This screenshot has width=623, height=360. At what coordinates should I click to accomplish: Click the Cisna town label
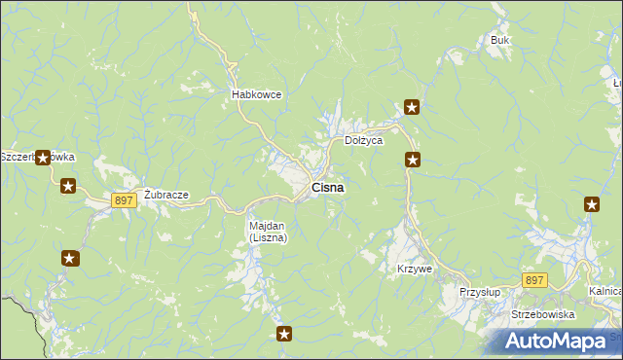(x=326, y=188)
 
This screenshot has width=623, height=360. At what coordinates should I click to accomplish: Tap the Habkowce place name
(x=256, y=94)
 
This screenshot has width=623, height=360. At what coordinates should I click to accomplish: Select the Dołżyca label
(x=364, y=140)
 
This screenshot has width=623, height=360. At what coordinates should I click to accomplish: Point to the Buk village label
(x=500, y=40)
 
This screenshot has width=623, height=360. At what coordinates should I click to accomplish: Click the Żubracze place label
(x=165, y=195)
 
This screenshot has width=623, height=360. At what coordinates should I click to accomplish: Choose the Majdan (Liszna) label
(x=267, y=232)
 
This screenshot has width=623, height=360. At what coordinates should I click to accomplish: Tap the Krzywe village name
(x=414, y=268)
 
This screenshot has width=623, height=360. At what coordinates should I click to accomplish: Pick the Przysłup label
(x=479, y=291)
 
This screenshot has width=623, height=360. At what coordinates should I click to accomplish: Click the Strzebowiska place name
(x=543, y=314)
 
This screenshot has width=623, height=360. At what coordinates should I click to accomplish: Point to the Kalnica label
(x=605, y=291)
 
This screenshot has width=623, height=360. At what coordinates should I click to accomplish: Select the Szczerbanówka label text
(x=37, y=157)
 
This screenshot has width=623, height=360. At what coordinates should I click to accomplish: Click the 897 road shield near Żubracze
(x=123, y=199)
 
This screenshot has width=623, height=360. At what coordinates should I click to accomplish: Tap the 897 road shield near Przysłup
(x=534, y=280)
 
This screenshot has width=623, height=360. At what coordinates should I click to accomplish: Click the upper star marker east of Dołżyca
(x=413, y=107)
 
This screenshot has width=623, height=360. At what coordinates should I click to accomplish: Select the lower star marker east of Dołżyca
(x=413, y=160)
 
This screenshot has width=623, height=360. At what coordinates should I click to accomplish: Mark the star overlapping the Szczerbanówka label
(x=43, y=157)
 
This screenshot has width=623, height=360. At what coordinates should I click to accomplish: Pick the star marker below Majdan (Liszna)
(x=284, y=334)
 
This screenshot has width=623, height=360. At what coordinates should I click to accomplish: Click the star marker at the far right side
(x=592, y=203)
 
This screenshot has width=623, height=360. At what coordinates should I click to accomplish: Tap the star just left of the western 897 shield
(x=68, y=186)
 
